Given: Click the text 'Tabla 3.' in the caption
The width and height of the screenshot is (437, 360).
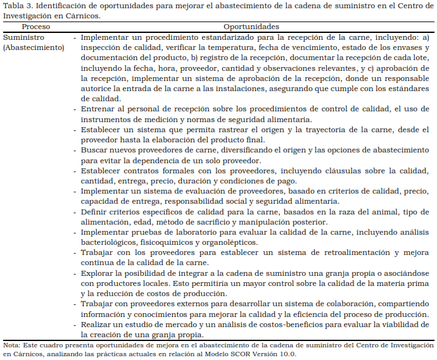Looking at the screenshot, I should [x=18, y=6].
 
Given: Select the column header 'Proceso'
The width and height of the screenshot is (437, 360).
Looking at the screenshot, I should [x=35, y=27].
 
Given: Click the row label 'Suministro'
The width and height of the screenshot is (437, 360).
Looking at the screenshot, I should [x=23, y=37].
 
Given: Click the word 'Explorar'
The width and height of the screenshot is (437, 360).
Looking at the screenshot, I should [x=97, y=273].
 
